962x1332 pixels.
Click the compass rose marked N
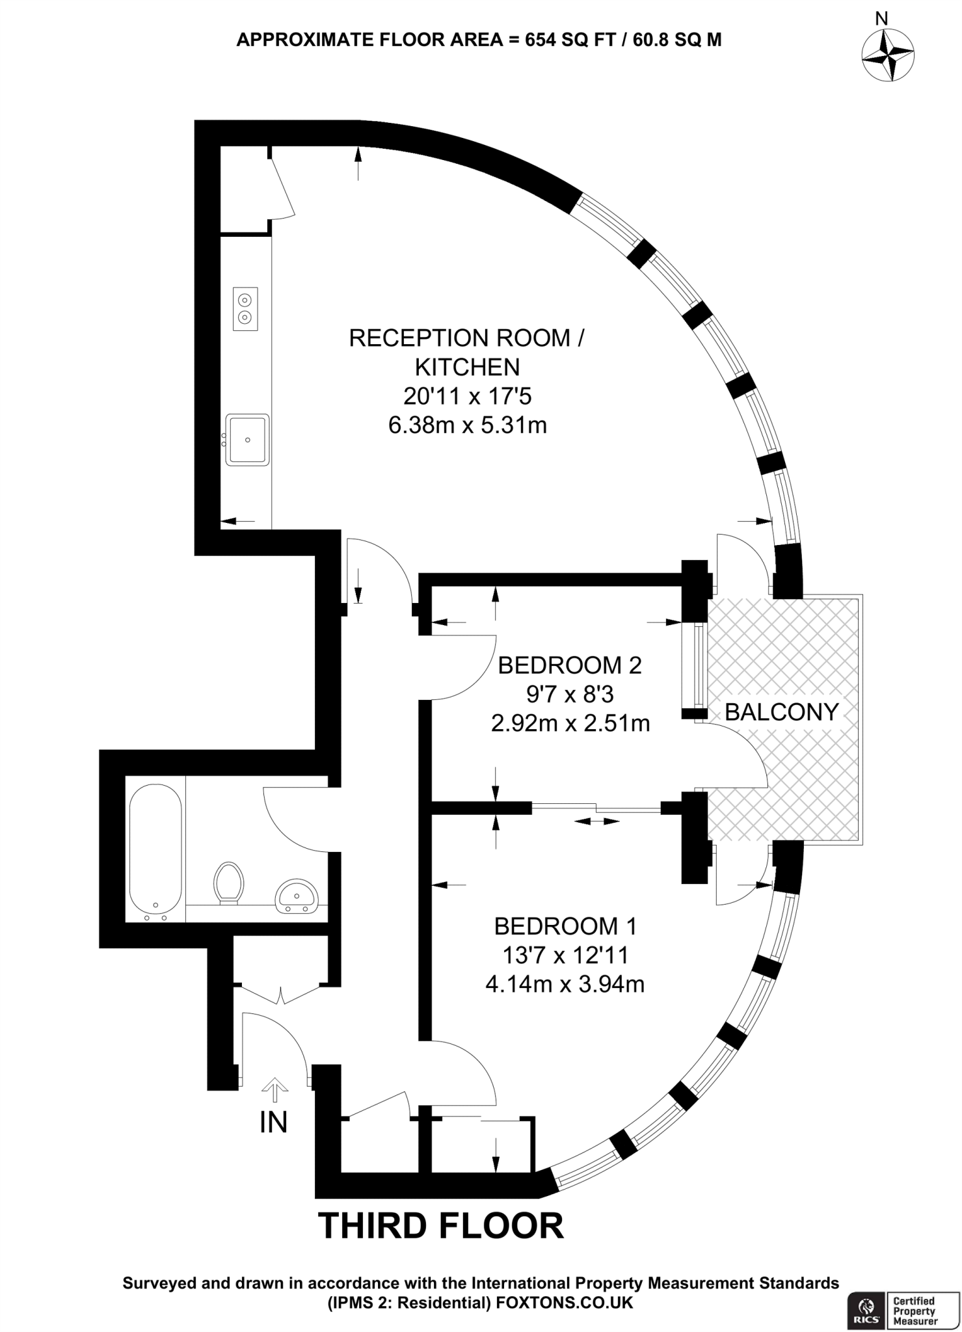point(888,55)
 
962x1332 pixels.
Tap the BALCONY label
point(782,712)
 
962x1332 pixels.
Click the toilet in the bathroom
point(228,883)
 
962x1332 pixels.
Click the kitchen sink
point(247,440)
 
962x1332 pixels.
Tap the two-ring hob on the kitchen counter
point(245,309)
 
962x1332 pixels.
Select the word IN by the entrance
point(273,1123)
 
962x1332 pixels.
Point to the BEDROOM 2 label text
point(570,665)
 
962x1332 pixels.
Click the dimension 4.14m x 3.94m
point(565,984)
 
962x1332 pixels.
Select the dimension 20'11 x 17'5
point(468,396)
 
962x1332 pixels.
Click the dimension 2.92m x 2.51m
point(570,723)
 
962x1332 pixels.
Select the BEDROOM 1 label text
point(565,926)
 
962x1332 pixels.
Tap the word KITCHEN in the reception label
point(468,367)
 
